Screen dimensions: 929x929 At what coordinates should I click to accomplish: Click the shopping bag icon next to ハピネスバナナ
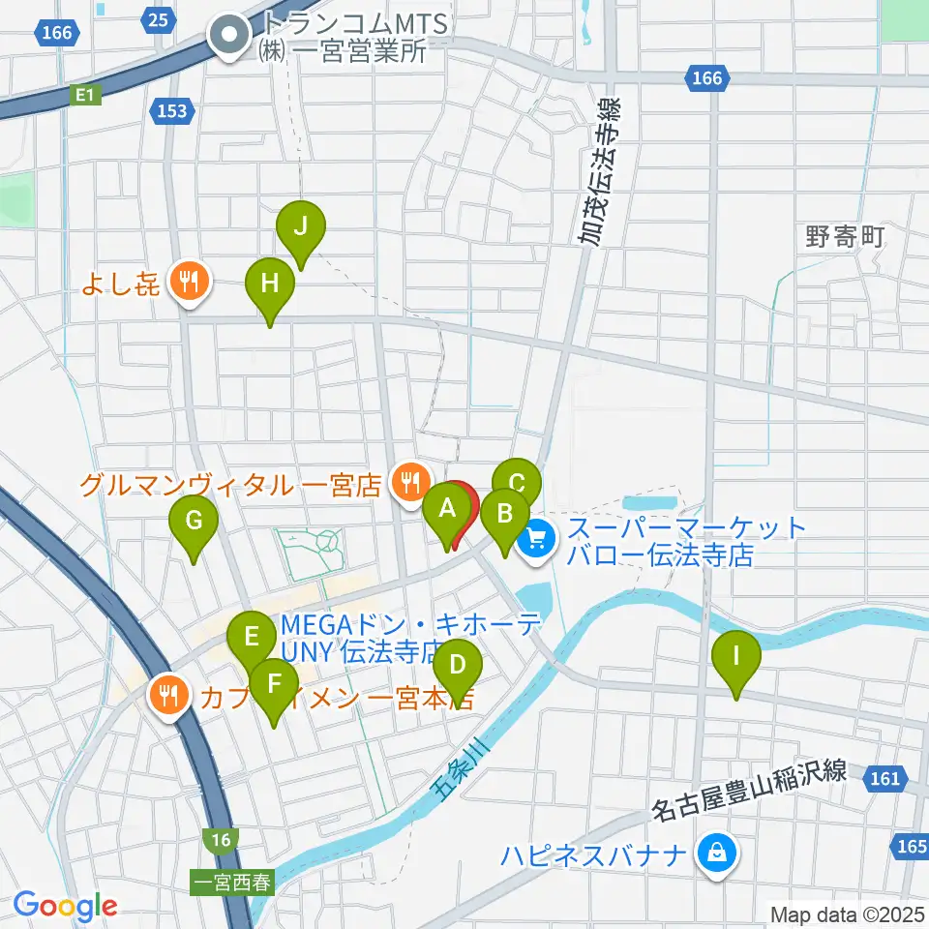pos(716,854)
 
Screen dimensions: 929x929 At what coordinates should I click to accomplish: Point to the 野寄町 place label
pos(845,237)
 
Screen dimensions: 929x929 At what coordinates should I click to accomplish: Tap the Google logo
pos(65,906)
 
